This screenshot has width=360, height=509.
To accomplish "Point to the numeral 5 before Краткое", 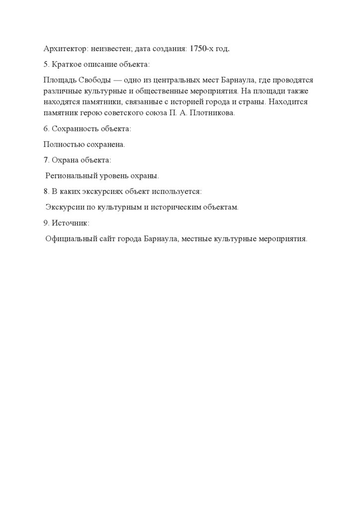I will coord(46,65).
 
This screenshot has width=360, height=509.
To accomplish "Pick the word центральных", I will coord(174,80).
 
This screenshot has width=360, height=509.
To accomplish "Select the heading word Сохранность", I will coord(72,129).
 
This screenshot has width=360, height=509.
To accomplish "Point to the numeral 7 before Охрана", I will coord(46,160).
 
